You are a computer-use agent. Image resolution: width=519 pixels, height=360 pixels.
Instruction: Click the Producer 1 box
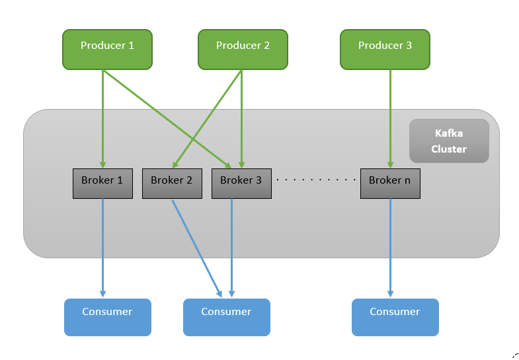pos(107,50)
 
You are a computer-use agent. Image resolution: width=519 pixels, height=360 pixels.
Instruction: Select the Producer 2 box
pos(243,50)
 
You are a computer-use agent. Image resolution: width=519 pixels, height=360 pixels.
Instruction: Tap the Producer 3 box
pos(385,50)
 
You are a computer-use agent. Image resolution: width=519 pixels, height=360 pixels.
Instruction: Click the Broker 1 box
pos(102,184)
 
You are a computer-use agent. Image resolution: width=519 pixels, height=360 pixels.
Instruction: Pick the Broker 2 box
pos(171,184)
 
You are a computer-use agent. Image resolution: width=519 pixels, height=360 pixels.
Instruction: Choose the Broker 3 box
pos(241,184)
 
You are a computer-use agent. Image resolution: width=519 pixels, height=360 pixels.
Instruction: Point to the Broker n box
pos(389,184)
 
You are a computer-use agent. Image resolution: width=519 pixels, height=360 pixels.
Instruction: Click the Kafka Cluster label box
pos(449,141)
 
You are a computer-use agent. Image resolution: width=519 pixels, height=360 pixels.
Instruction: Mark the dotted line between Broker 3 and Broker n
pos(315,180)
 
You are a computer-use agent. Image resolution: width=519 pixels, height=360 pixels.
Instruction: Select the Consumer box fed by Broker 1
pos(107,317)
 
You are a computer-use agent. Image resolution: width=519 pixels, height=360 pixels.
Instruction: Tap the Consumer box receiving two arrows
pos(226,317)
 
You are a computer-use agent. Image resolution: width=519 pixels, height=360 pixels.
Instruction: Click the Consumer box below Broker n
pos(395,317)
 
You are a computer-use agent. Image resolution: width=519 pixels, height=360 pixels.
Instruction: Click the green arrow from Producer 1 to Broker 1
pos(102,119)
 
